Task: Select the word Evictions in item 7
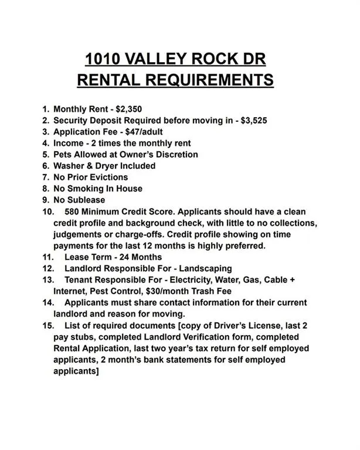tap(108, 177)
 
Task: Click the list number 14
tap(48, 302)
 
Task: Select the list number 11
tap(48, 257)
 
